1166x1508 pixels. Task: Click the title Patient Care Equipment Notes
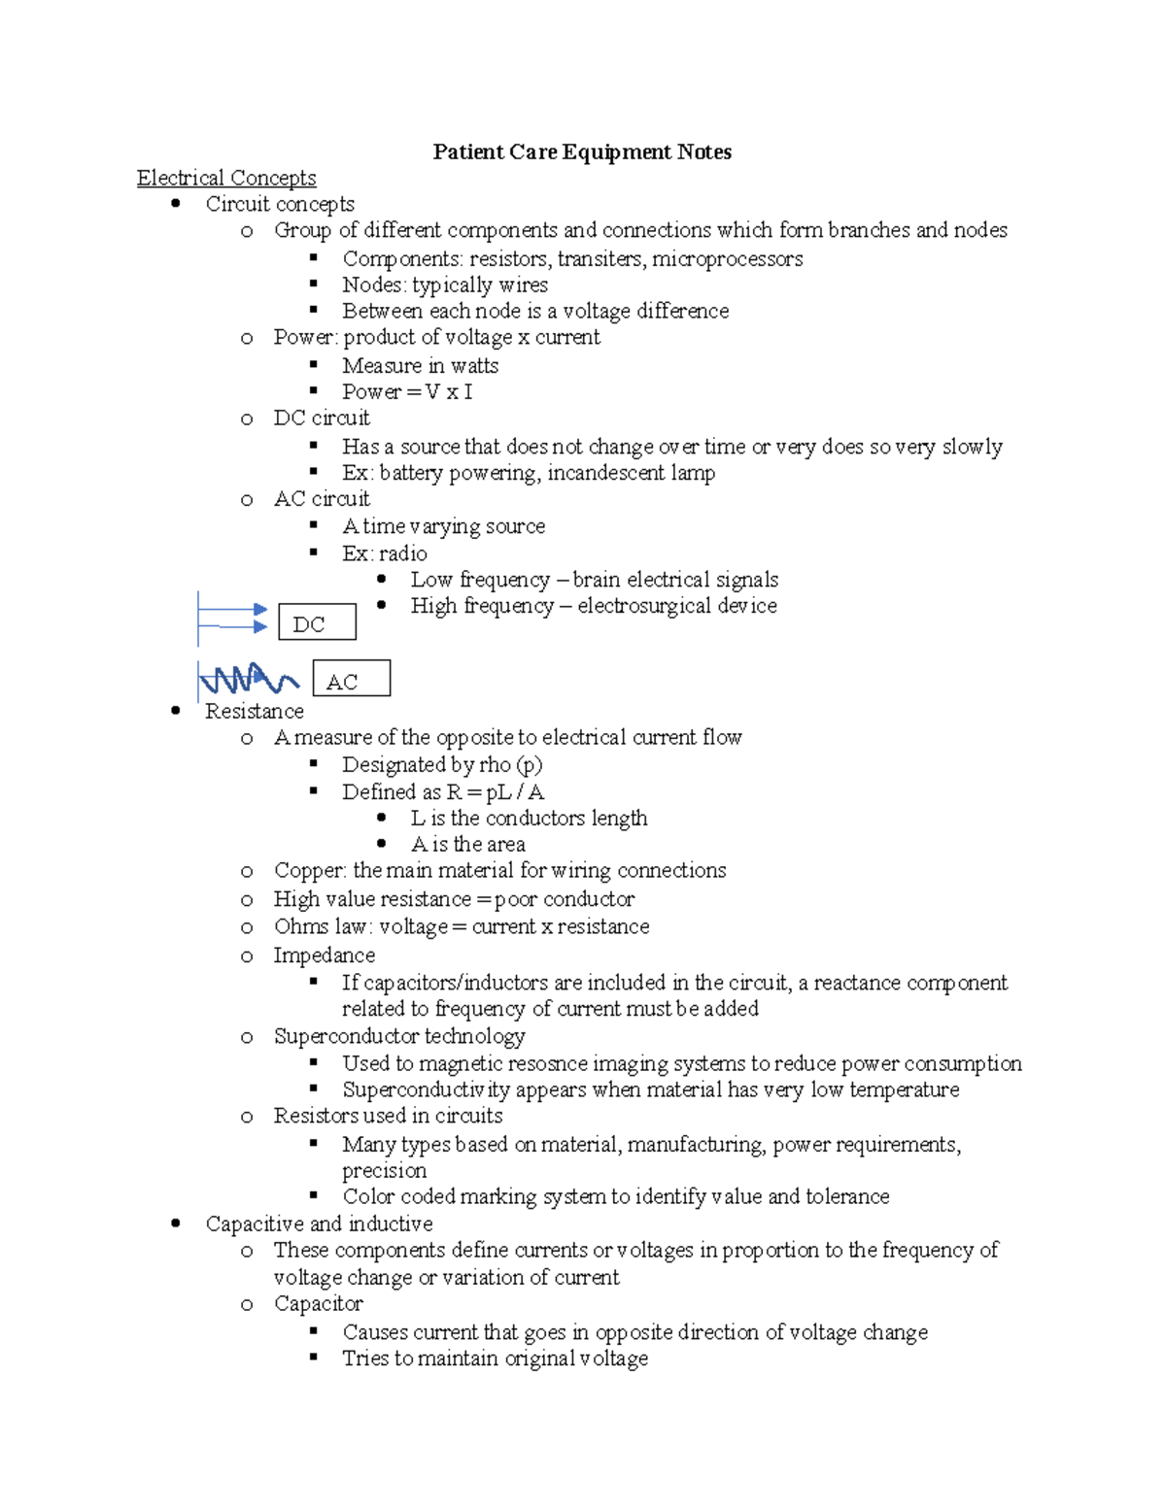coord(582,152)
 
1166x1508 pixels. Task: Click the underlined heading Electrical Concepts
coord(226,179)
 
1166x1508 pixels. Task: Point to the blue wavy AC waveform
coord(249,679)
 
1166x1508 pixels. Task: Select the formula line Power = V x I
coord(407,392)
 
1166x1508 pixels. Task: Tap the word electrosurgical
coord(643,606)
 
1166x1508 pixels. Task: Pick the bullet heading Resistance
coord(255,712)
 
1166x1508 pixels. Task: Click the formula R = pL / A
coord(495,792)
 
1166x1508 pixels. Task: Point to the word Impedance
coord(324,955)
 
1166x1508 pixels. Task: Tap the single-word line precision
coord(384,1171)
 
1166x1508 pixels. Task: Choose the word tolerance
coord(846,1197)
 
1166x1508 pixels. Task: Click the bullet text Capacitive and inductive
coord(319,1224)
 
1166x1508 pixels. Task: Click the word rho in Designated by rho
coord(495,765)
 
